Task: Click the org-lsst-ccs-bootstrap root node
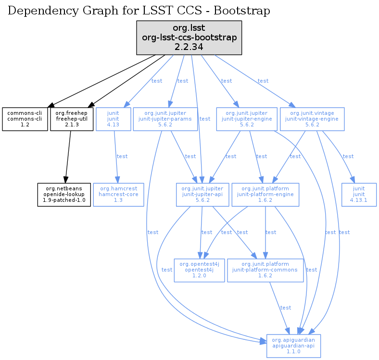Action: [x=189, y=37]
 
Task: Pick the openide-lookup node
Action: [x=64, y=194]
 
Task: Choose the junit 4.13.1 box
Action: [x=359, y=194]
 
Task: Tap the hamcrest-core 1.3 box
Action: [x=119, y=194]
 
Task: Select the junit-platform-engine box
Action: [x=265, y=194]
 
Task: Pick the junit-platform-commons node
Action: [x=265, y=270]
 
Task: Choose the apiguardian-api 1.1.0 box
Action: [x=293, y=346]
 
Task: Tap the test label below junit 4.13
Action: [x=122, y=156]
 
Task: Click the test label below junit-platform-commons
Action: [x=286, y=308]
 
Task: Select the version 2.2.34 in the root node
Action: [x=189, y=47]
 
